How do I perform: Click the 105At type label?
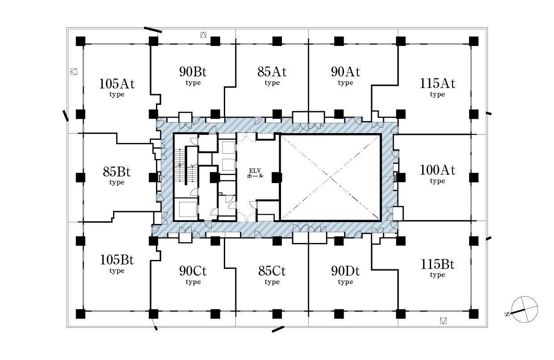[117, 88]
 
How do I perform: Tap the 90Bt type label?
[193, 75]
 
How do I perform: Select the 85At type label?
[272, 75]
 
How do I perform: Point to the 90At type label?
[345, 75]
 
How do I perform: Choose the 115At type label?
[437, 87]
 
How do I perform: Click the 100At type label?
[437, 174]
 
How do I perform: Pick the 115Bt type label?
[437, 268]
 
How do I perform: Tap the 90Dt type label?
[345, 275]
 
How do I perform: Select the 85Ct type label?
[272, 275]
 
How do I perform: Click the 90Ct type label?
[193, 275]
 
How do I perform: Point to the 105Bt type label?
[117, 264]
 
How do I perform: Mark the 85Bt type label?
[117, 176]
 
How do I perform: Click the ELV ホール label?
[255, 173]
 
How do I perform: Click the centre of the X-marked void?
[331, 177]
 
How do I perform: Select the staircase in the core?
[186, 165]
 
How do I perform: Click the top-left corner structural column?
[80, 41]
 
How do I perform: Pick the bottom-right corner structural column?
[474, 314]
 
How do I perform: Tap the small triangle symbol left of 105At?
[74, 72]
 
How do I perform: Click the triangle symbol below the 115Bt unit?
[443, 321]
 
